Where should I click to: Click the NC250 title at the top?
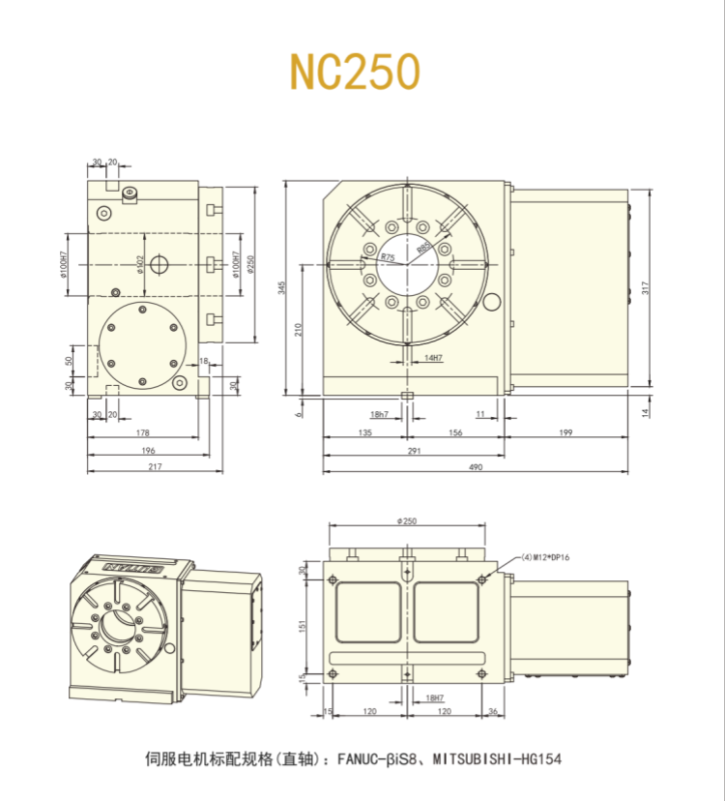[355, 71]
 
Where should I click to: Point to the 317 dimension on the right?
[645, 287]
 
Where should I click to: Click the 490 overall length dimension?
[476, 467]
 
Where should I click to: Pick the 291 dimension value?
[414, 451]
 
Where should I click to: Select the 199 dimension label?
[565, 433]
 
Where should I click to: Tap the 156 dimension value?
[454, 433]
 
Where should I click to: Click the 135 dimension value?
[365, 433]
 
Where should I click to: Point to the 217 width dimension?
[155, 467]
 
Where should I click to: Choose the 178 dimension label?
[143, 433]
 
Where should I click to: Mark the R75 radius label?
[388, 257]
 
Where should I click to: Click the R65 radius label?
[423, 248]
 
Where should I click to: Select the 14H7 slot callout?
[432, 358]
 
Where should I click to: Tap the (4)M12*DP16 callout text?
[547, 557]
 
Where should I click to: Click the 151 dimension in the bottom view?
[303, 626]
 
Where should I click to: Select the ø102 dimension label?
[141, 263]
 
